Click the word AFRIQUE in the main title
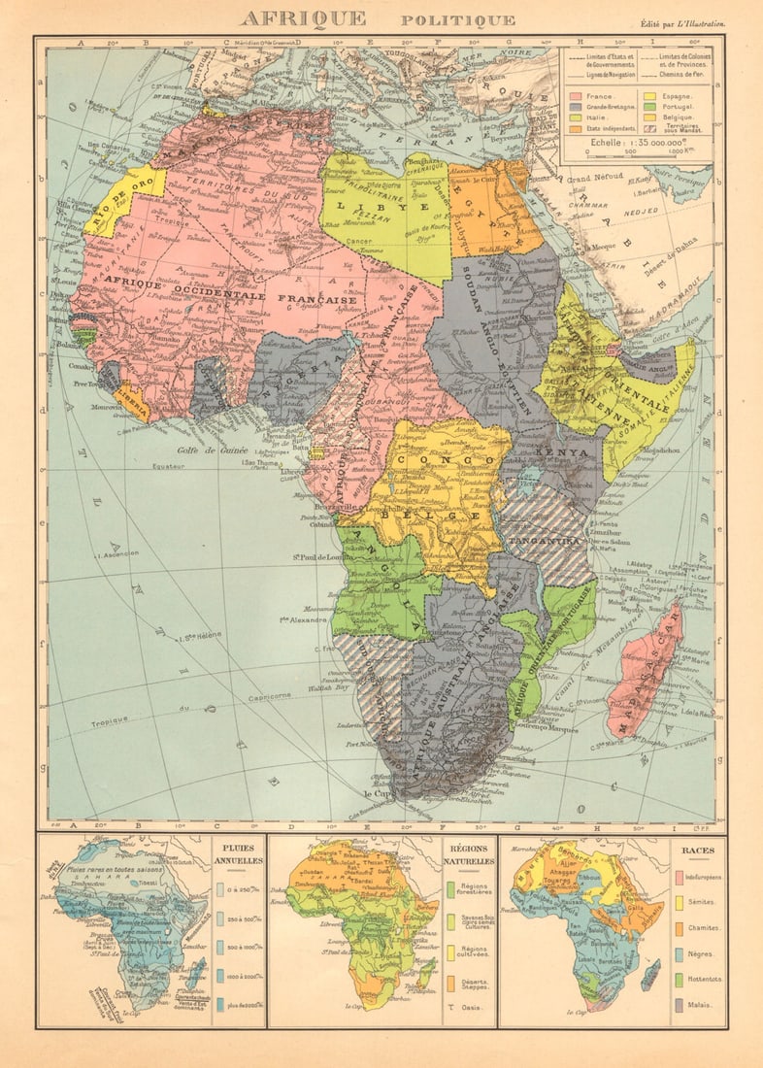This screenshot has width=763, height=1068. (303, 18)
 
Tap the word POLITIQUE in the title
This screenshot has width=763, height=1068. (458, 20)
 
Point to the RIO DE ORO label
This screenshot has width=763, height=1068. (122, 200)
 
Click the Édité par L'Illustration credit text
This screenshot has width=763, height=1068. (681, 23)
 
